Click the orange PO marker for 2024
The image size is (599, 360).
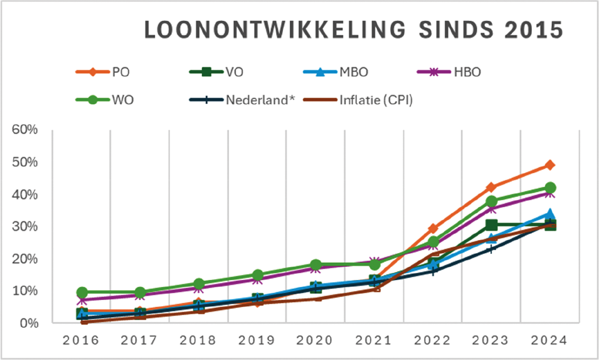550,165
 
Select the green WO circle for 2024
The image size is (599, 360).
550,188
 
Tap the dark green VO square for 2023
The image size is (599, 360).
491,225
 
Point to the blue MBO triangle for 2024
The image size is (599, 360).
550,214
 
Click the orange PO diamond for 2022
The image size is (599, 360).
433,228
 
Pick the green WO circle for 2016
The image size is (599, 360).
82,293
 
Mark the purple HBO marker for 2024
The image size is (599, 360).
550,193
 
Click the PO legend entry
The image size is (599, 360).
106,72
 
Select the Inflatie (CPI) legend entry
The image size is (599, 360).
359,100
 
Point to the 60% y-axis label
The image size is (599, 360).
25,130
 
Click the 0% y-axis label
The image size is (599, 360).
28,323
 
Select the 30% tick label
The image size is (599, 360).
25,227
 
